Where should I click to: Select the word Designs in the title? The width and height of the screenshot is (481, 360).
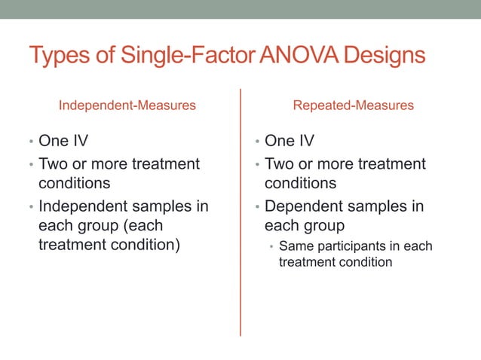pos(388,56)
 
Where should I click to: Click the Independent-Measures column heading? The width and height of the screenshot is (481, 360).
pos(127,105)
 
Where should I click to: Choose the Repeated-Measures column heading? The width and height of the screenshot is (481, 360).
pos(353,105)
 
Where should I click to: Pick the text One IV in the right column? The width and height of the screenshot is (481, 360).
pos(290,142)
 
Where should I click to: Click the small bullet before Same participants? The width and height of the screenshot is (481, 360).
pos(271,247)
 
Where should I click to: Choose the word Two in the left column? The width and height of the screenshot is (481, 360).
pos(53,163)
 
